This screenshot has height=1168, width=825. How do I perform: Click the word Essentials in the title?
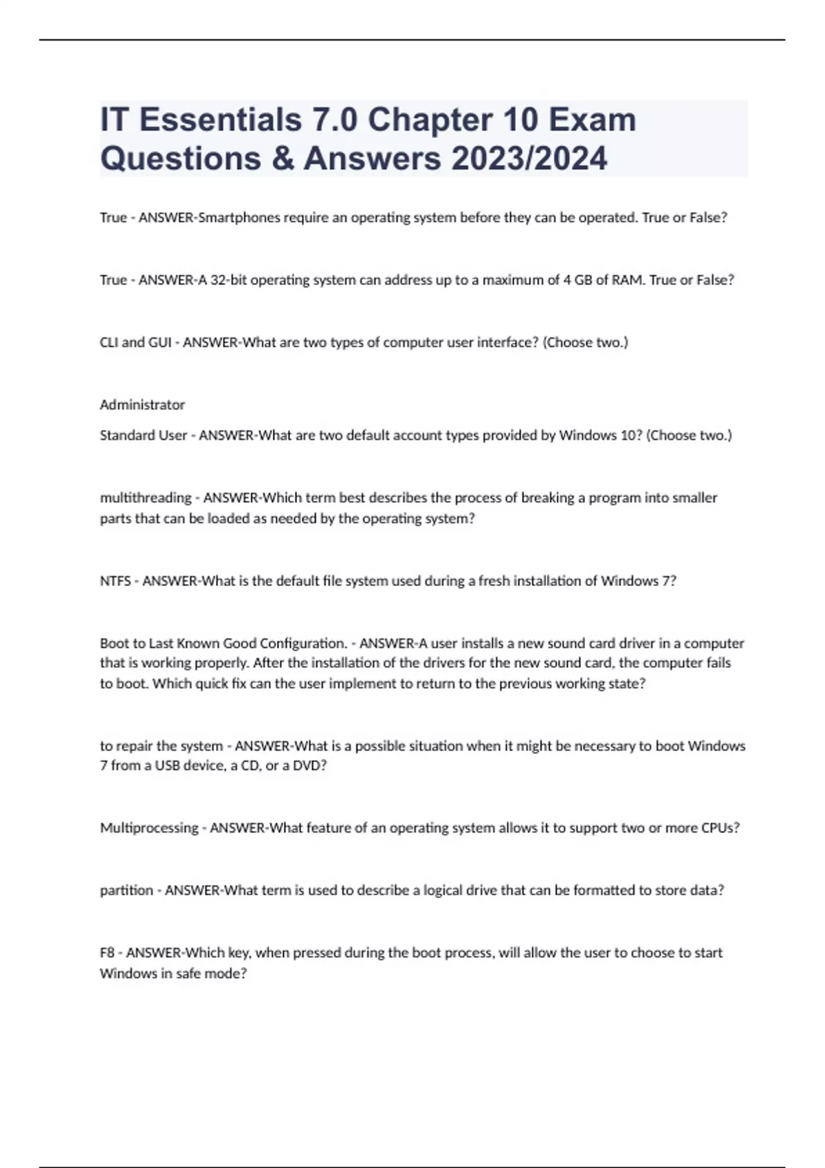221,120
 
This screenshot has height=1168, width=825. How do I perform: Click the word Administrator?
142,405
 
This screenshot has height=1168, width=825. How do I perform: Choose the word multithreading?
146,497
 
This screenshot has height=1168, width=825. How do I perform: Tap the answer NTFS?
115,581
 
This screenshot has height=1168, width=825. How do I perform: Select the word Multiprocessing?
149,828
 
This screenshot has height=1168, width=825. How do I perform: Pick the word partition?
126,890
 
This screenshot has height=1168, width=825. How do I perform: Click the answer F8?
107,953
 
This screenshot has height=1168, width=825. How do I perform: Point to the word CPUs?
720,828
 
